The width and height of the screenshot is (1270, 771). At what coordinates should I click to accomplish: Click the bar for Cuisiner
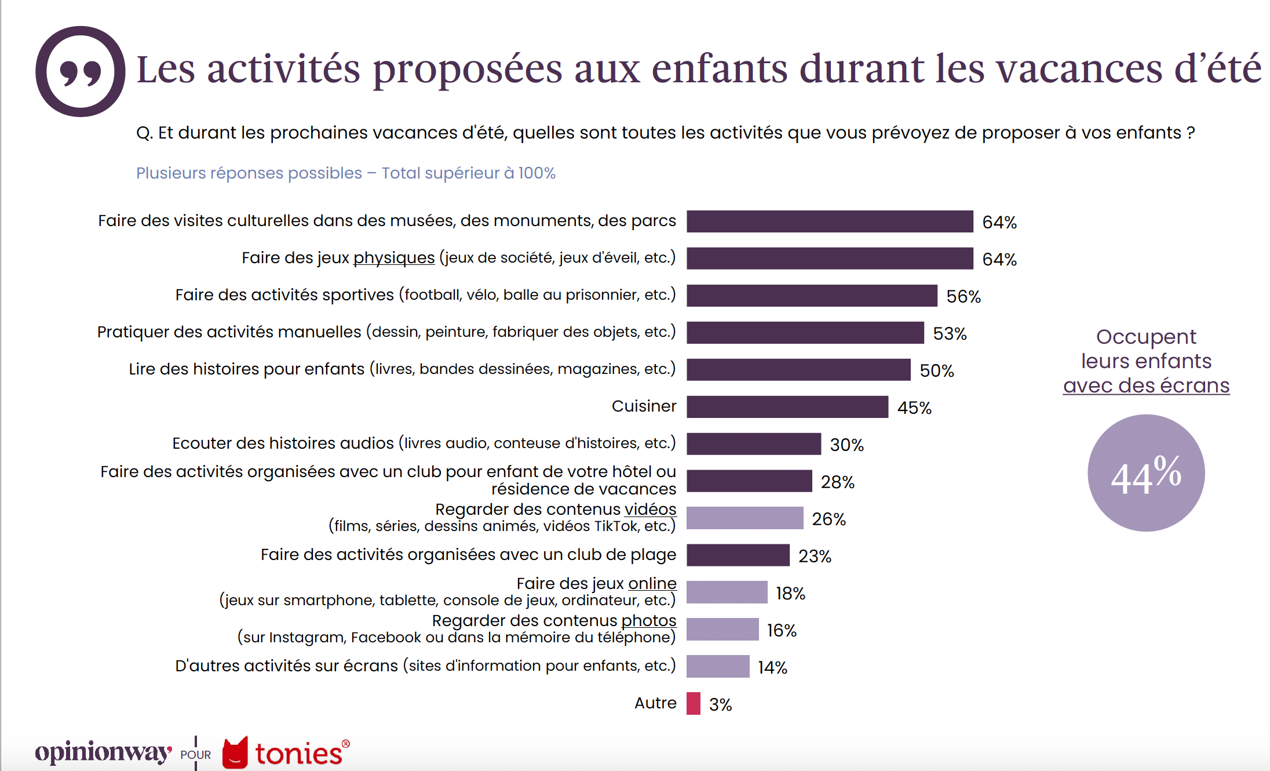[x=787, y=407]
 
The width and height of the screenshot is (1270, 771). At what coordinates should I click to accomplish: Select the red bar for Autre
[x=693, y=704]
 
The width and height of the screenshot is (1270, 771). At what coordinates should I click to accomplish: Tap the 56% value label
[x=963, y=297]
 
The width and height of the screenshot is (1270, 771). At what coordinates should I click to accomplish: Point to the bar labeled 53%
[x=805, y=333]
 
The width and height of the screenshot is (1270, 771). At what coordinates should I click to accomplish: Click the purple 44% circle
[x=1145, y=473]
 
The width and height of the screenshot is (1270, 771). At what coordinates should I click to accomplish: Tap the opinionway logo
[x=103, y=752]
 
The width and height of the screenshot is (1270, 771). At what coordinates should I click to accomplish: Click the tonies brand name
[x=299, y=754]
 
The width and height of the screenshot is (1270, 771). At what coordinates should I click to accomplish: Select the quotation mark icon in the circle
[x=80, y=71]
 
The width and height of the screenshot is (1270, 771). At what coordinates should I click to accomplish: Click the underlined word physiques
[x=394, y=257]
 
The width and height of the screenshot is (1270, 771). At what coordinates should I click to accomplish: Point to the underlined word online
[x=652, y=583]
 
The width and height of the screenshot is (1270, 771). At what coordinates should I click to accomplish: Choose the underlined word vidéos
[x=650, y=509]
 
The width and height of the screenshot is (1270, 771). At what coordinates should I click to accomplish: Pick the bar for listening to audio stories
[x=753, y=444]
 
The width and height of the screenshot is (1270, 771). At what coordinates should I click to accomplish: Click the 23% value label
[x=815, y=557]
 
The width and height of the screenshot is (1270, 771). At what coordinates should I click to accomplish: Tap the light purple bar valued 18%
[x=727, y=592]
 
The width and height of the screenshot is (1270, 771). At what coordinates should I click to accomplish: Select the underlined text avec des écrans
[x=1145, y=385]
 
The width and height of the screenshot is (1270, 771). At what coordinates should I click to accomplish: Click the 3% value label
[x=720, y=705]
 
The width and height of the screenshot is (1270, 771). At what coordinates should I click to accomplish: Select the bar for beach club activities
[x=738, y=555]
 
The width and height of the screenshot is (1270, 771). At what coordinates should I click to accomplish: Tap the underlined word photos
[x=648, y=620]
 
